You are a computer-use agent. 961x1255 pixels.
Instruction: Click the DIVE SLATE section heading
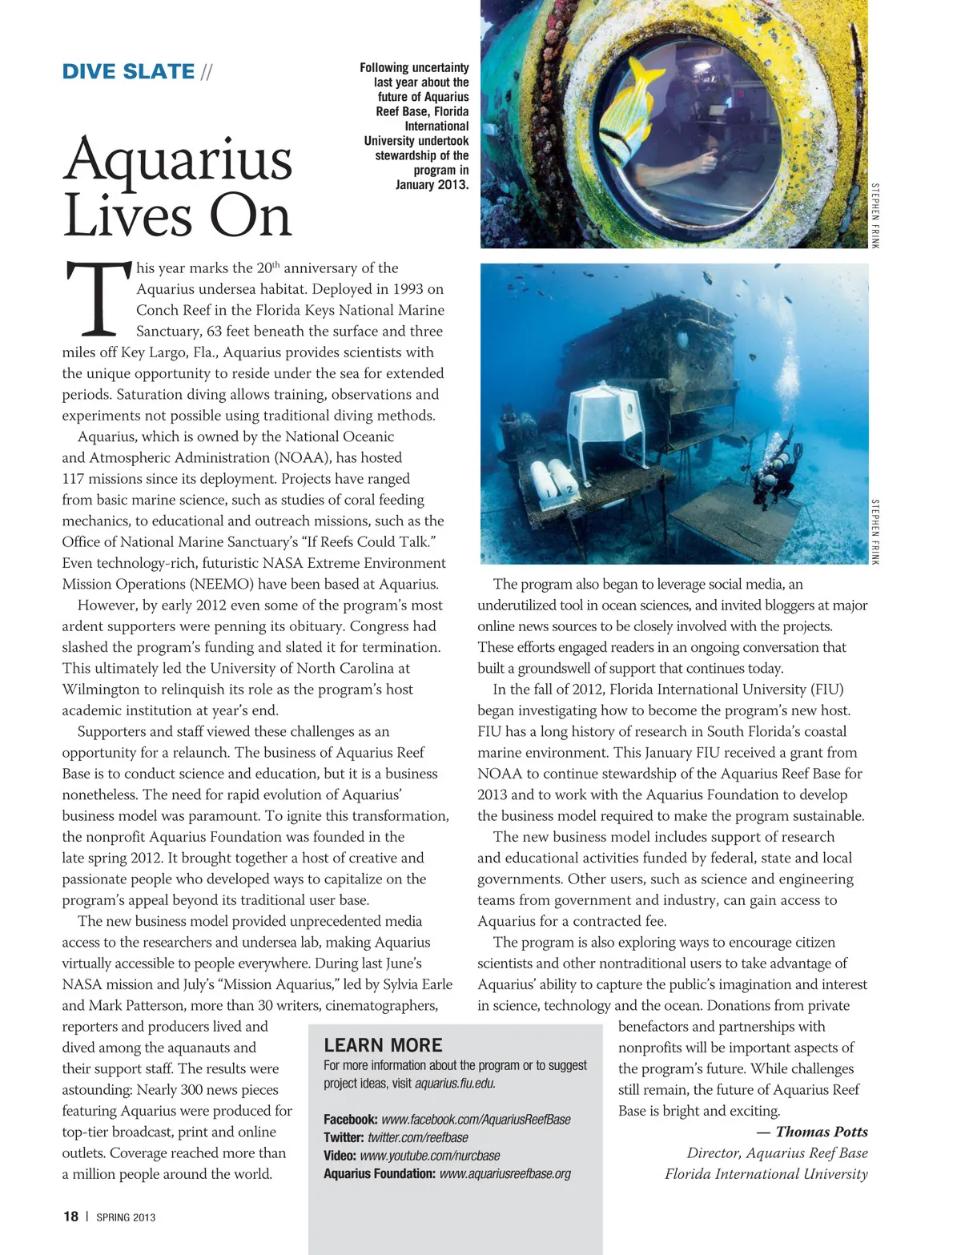128,72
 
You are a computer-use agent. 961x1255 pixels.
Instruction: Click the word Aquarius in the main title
178,159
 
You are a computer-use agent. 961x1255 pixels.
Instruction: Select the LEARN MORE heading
383,1045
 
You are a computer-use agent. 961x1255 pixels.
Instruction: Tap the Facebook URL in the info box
476,1120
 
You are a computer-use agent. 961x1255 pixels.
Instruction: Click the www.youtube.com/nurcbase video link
429,1156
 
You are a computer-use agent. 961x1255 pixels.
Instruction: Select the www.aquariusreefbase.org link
505,1174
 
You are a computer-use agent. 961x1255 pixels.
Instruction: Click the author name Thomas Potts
821,1132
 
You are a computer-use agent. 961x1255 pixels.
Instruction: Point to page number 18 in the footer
70,1217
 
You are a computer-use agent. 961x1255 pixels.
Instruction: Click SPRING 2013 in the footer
126,1217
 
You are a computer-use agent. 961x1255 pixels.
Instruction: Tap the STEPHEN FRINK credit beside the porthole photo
875,215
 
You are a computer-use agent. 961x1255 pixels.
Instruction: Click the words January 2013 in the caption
432,185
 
